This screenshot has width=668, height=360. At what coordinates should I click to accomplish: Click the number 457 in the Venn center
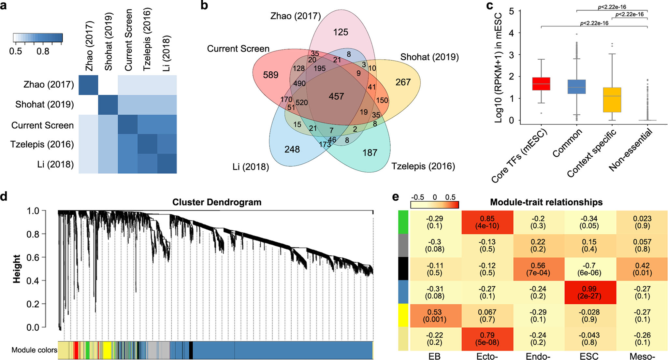click(336, 96)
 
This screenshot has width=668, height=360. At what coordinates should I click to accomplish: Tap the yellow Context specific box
click(612, 100)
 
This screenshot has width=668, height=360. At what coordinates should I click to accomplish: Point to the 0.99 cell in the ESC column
click(589, 292)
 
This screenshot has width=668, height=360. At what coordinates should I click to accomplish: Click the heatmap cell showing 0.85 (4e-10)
click(487, 222)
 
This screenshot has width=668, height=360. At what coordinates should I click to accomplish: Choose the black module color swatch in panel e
click(403, 269)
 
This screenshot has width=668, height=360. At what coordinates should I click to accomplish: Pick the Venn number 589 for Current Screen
click(270, 75)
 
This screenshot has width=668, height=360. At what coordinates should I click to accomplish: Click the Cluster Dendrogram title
click(217, 202)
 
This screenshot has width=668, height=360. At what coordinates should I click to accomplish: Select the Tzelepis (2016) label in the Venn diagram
click(423, 166)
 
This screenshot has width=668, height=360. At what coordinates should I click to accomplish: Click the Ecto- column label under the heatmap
click(487, 356)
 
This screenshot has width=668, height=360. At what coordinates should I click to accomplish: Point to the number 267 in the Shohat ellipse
click(403, 82)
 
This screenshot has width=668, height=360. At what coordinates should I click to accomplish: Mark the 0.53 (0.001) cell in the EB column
click(435, 316)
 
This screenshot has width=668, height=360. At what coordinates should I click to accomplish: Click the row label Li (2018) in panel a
click(55, 164)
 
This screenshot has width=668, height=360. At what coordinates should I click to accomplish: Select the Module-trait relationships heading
click(546, 202)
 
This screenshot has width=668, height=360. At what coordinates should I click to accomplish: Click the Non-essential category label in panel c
click(631, 150)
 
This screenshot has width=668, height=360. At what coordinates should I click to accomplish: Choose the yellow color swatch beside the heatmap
click(403, 316)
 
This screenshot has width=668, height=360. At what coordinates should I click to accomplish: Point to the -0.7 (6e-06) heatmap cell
click(589, 269)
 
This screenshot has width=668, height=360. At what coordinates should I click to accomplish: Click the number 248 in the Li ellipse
click(292, 150)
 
